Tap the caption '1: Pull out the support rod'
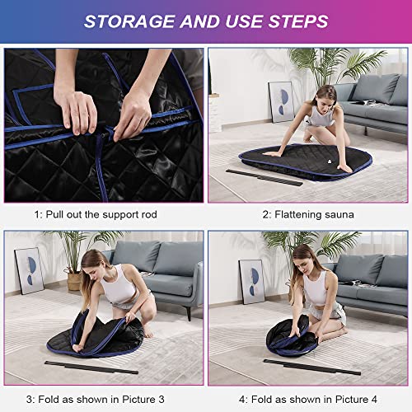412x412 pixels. coord(101,215)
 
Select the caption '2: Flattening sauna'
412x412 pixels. coord(308,215)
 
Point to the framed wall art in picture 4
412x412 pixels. coord(251,281)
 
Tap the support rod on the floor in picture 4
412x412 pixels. coord(313,368)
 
